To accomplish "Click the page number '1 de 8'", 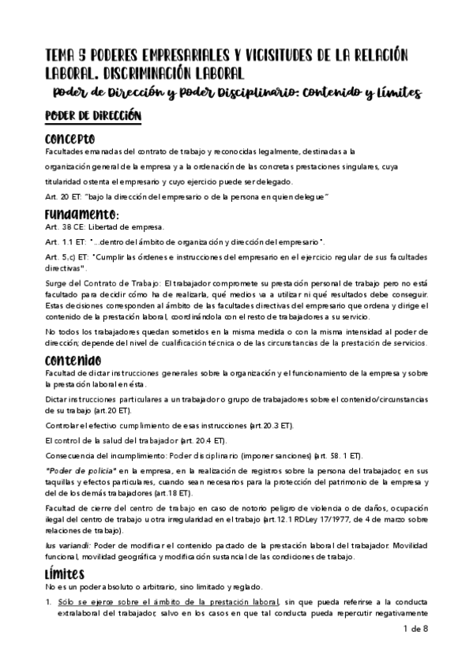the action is (x=436, y=651).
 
